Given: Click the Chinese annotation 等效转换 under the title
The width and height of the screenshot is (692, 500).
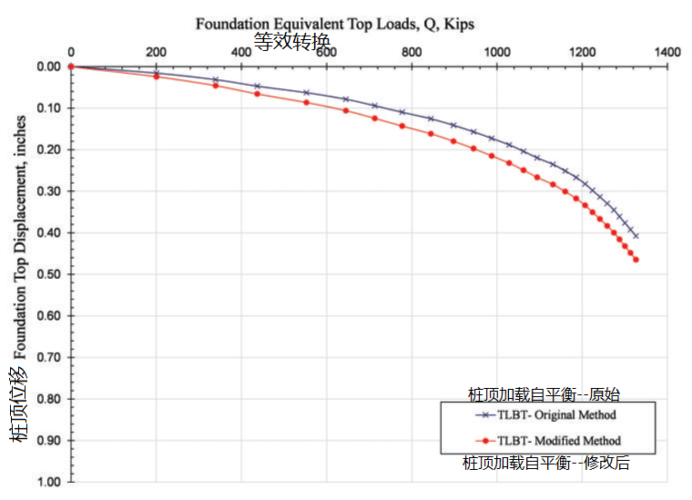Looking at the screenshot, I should click(291, 40).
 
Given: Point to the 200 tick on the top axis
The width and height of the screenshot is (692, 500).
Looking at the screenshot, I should click(157, 53).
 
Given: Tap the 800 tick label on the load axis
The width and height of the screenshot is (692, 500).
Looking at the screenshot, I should click(412, 53).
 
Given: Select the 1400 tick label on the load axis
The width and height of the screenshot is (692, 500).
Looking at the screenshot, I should click(667, 53).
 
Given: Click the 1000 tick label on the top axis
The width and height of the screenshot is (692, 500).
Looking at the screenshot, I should click(496, 53).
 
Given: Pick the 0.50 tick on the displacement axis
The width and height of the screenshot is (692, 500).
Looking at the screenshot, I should click(46, 274).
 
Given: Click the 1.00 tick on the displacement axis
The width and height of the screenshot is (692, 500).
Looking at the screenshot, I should click(46, 482).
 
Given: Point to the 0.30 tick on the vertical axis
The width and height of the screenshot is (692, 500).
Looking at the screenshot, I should click(46, 191).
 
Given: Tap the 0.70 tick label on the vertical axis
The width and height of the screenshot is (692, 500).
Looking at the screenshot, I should click(46, 357).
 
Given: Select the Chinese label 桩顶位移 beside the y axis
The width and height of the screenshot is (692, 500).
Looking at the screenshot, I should click(19, 403).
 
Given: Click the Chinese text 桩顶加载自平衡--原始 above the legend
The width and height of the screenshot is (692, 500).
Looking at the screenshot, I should click(543, 394).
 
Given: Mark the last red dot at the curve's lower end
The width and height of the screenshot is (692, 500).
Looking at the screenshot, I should click(636, 260).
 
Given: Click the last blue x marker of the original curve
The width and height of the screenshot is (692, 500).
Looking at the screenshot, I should click(636, 236).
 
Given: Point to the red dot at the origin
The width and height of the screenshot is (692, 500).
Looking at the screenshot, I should click(70, 66).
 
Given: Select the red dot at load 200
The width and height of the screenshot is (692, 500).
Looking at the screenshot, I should click(157, 77).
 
